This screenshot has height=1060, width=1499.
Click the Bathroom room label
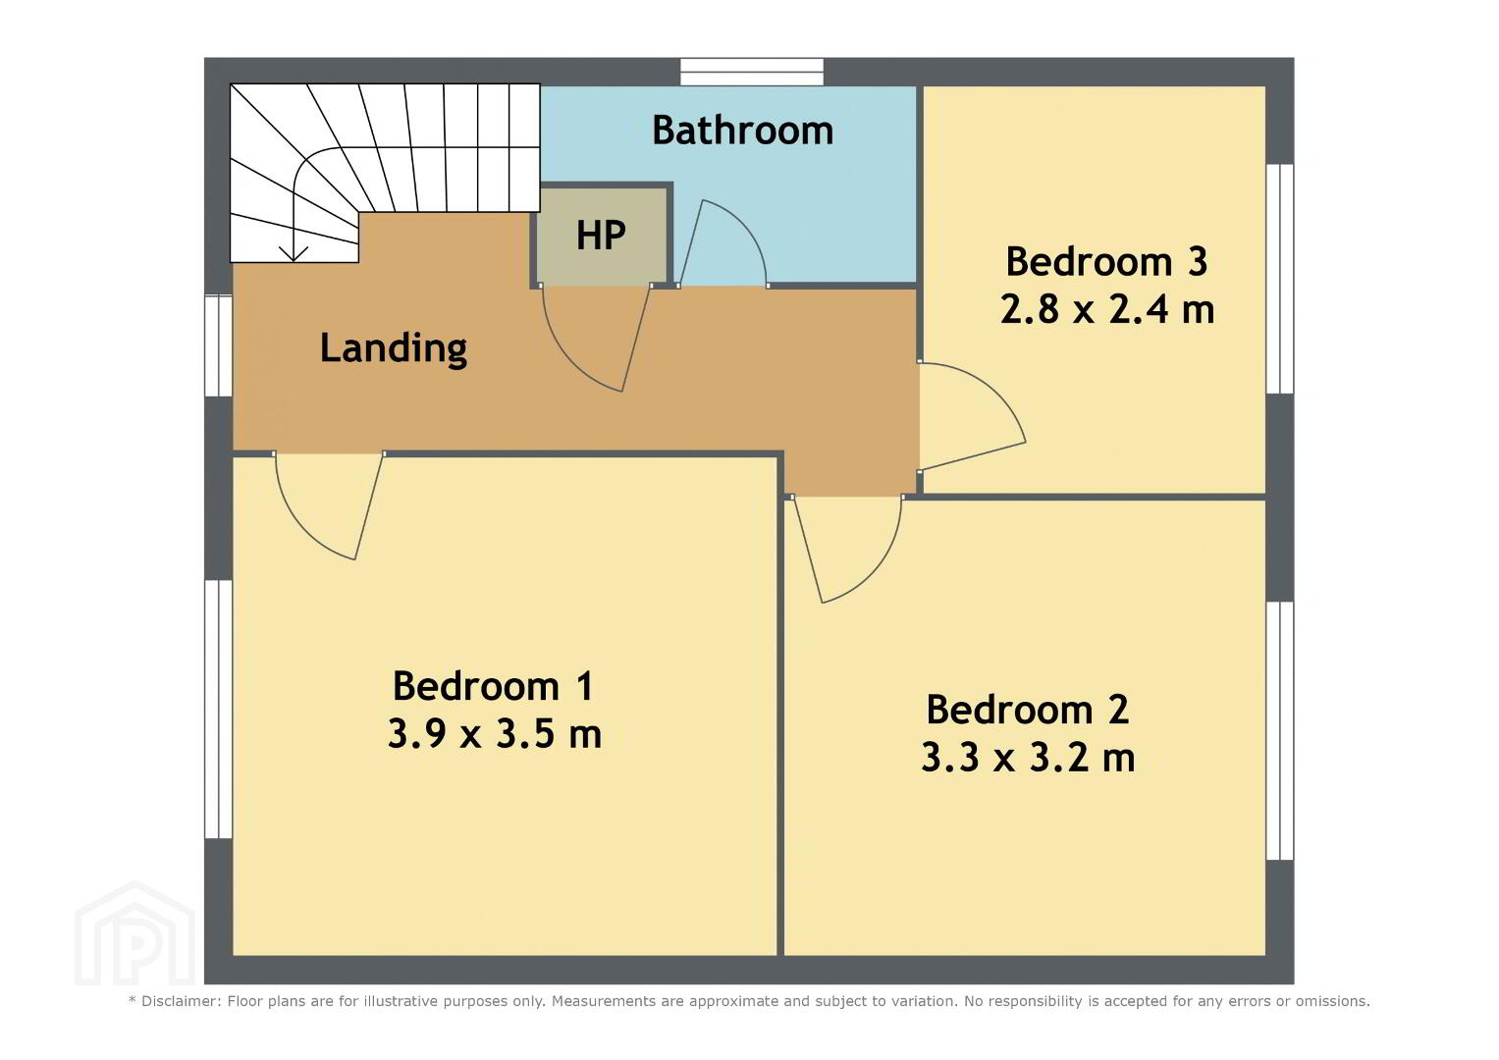tap(743, 130)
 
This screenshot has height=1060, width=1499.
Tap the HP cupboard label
tap(601, 235)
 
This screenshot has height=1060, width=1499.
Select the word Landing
tap(394, 349)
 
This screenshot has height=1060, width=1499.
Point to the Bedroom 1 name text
tap(493, 686)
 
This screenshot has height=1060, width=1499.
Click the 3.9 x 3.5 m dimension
tap(495, 733)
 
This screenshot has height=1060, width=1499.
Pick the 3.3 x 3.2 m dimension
tap(1028, 758)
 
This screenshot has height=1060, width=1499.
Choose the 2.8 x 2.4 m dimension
tap(1107, 309)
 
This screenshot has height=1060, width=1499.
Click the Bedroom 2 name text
tap(1028, 710)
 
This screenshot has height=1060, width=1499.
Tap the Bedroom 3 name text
tap(1107, 261)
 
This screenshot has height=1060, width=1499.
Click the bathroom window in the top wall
tap(752, 73)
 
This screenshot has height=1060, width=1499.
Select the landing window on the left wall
tap(218, 345)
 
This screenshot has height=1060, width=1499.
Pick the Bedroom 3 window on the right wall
tap(1279, 279)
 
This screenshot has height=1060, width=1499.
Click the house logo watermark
tap(135, 933)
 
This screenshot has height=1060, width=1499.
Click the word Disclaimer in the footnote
tap(181, 1001)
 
